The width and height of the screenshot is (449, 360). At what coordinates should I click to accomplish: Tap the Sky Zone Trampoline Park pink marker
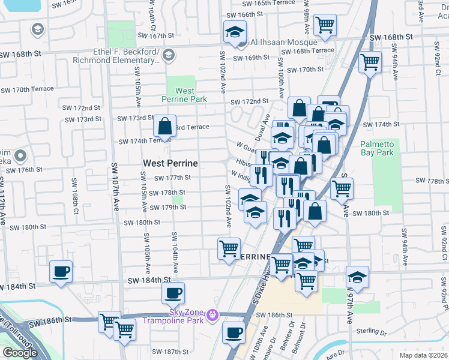(x=211, y=314)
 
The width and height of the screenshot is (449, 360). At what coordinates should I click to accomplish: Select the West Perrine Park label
(x=177, y=95)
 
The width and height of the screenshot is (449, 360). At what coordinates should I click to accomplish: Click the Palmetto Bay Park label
(x=376, y=148)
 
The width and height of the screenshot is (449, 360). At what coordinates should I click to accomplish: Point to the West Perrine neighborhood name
(x=170, y=163)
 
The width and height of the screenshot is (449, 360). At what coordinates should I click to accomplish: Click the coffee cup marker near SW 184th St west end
(x=61, y=271)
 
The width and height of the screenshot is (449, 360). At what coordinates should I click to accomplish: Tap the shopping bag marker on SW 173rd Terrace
(x=164, y=126)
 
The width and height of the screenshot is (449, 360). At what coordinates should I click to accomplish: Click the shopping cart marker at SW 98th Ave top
(x=325, y=25)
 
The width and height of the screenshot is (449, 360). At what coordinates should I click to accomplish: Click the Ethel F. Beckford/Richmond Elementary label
(x=125, y=56)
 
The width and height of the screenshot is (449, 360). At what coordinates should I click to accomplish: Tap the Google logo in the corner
(x=20, y=352)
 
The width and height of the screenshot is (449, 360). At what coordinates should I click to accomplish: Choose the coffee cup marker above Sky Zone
(x=173, y=293)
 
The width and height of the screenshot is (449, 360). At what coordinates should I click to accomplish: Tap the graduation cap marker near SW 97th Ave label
(x=357, y=277)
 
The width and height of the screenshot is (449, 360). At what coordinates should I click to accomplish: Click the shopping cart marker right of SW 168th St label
(x=370, y=61)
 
